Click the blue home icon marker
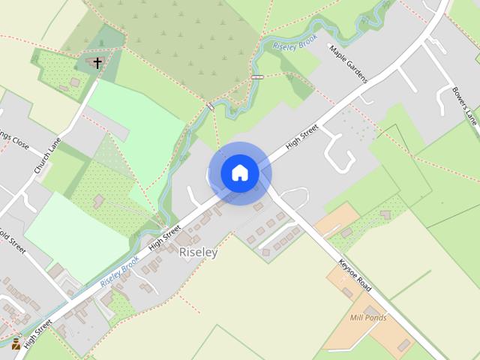(239, 173)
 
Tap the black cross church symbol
(97, 63)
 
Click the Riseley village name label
(199, 253)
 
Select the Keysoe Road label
(355, 274)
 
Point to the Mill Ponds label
(368, 318)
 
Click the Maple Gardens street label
(349, 64)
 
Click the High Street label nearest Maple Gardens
(302, 138)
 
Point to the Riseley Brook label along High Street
(120, 274)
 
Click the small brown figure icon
(16, 343)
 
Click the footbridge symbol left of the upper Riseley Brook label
(257, 76)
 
